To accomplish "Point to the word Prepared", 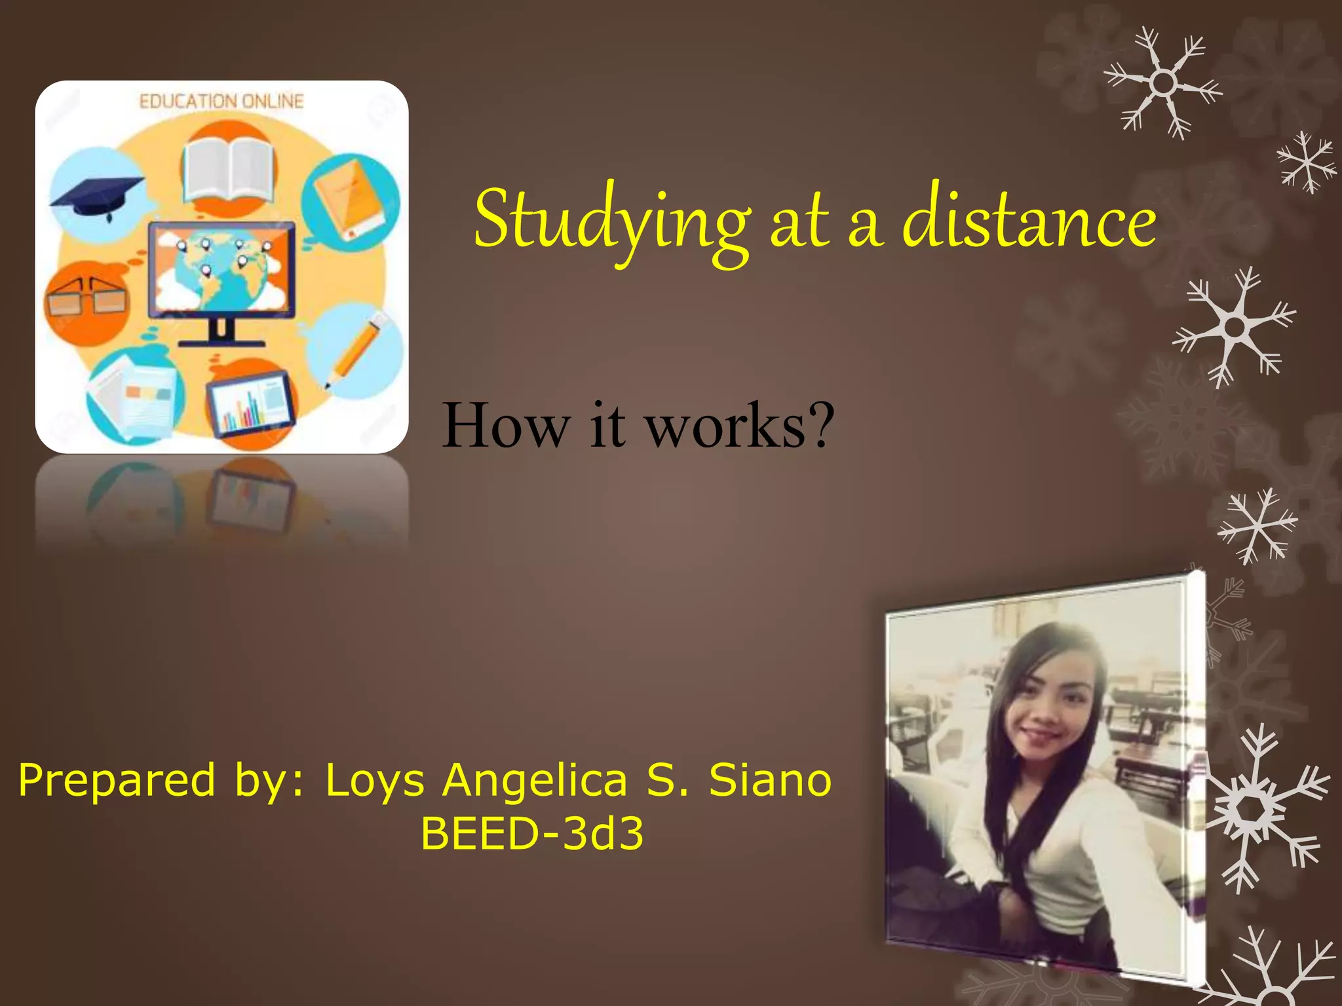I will (117, 781).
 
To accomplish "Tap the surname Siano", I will (771, 781).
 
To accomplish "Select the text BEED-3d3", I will (532, 834).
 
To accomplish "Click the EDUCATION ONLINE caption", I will (221, 102).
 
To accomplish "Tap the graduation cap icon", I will (97, 193).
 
